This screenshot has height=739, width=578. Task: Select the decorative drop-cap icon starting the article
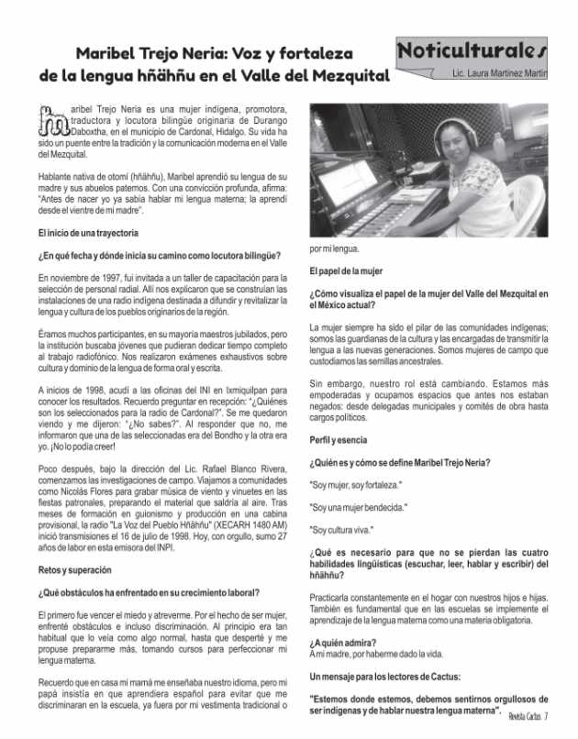pos(55,122)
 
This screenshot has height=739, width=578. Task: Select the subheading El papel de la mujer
pos(353,271)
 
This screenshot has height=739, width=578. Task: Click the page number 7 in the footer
pos(546,716)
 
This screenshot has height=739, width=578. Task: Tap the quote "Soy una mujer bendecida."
pos(359,507)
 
